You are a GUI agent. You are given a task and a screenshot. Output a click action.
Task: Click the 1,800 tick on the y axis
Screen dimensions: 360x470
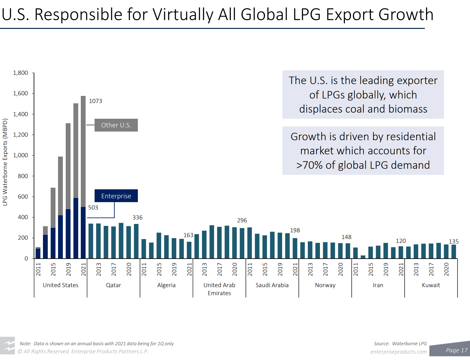(21, 73)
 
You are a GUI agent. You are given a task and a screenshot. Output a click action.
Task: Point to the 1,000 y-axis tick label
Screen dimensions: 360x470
(21, 155)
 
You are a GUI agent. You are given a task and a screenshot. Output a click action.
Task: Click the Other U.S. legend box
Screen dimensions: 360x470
(116, 125)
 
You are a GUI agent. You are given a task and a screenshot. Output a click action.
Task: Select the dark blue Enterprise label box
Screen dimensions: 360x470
(116, 196)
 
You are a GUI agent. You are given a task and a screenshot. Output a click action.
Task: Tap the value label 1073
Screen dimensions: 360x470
(96, 101)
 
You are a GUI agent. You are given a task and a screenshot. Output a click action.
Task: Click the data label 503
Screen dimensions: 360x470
(93, 208)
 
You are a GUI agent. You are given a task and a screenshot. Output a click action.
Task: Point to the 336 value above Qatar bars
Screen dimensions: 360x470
(138, 218)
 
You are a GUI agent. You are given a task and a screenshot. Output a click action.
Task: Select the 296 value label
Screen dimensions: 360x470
(242, 220)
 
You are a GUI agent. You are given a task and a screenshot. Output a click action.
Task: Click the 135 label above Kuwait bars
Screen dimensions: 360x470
(454, 242)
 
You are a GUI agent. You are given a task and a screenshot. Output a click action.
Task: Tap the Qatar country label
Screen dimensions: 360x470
(113, 285)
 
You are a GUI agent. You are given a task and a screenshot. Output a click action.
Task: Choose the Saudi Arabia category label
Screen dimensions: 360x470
(272, 285)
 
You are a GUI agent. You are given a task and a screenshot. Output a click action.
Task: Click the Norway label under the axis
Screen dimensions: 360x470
(325, 285)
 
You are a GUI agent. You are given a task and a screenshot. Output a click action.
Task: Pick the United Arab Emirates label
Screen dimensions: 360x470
(219, 289)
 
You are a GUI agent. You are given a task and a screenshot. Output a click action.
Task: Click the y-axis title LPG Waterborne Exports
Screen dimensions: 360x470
(5, 162)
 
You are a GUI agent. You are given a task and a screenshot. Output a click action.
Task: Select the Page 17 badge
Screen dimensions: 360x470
(457, 350)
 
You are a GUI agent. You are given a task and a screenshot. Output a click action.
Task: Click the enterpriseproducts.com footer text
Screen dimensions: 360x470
(399, 352)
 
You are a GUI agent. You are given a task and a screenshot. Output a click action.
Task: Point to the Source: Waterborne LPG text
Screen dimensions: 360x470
(400, 344)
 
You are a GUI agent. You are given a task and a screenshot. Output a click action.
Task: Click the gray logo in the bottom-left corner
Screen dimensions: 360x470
(8, 346)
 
